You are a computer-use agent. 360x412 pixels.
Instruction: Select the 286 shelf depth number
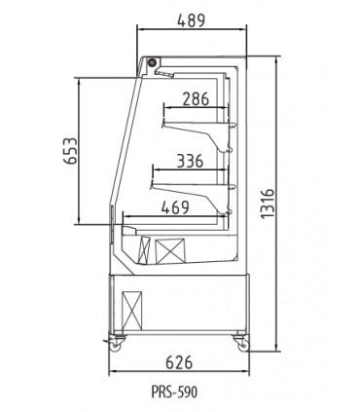(195, 97)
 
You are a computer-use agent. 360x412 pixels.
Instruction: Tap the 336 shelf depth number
(190, 161)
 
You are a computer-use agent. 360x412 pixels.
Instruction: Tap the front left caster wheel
(119, 342)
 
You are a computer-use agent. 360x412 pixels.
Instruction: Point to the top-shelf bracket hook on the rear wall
(233, 124)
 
